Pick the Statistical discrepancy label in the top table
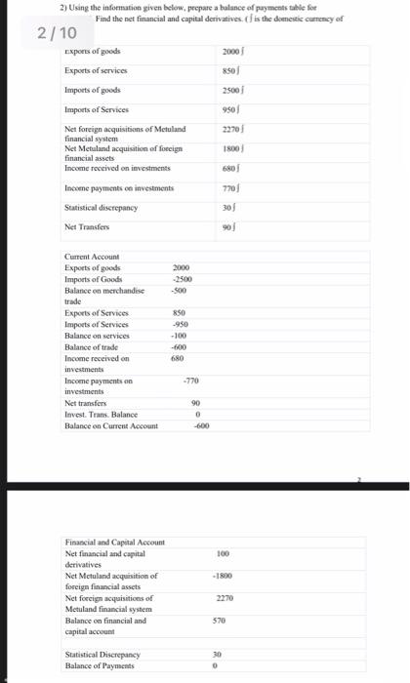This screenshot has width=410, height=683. click(x=101, y=207)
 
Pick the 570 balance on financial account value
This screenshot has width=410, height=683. click(x=223, y=620)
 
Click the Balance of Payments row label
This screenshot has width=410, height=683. click(x=101, y=664)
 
